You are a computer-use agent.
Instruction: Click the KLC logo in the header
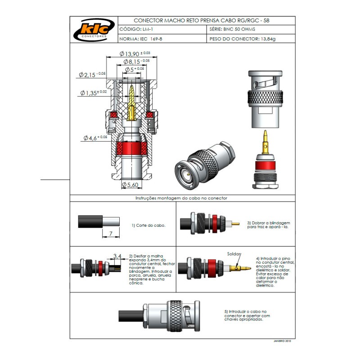93,30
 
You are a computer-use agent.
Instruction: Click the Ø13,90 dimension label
135,54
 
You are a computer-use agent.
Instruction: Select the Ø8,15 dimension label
135,61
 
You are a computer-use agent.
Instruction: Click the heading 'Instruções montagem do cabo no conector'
181,198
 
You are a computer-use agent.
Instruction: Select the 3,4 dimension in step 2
117,256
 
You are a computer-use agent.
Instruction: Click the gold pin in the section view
131,103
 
